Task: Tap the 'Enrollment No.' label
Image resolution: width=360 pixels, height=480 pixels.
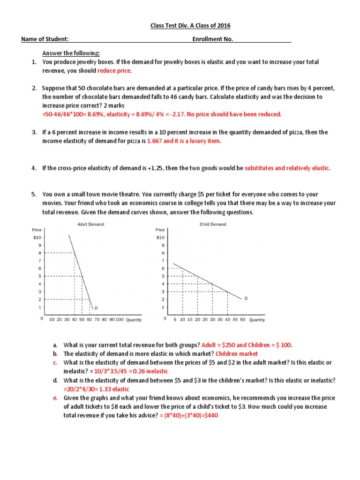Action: point(212,39)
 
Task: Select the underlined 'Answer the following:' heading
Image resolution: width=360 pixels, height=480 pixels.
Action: point(71,53)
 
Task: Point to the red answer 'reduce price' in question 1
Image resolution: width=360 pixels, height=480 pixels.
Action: point(114,71)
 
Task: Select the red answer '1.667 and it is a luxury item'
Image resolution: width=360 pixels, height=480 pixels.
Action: point(183,141)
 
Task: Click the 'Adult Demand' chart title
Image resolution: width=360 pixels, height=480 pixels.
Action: point(90,224)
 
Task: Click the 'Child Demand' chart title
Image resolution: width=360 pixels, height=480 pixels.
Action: point(212,224)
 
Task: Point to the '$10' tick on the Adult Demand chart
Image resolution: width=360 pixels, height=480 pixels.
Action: point(37,238)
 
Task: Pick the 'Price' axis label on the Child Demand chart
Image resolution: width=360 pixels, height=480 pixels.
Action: point(160,230)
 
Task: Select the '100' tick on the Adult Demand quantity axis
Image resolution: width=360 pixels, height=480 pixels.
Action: point(119,320)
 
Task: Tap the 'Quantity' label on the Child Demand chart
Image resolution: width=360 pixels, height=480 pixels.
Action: point(257,320)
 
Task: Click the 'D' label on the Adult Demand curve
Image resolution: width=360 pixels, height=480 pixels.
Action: point(96,308)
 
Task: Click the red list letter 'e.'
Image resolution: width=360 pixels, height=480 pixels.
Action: point(55,397)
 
